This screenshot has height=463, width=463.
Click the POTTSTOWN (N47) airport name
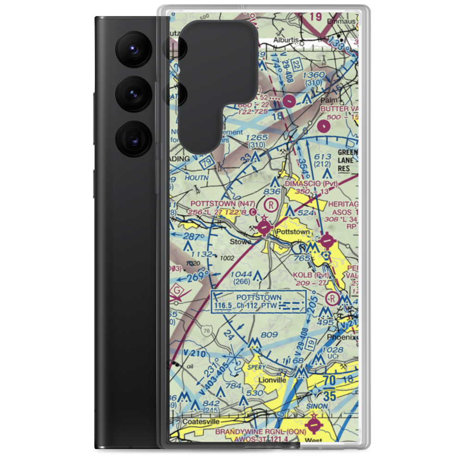click(x=216, y=203)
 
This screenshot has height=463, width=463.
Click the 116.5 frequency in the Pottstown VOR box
click(x=223, y=307)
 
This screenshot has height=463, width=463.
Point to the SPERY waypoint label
click(x=257, y=368)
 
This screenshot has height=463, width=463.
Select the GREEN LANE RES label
click(x=348, y=161)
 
